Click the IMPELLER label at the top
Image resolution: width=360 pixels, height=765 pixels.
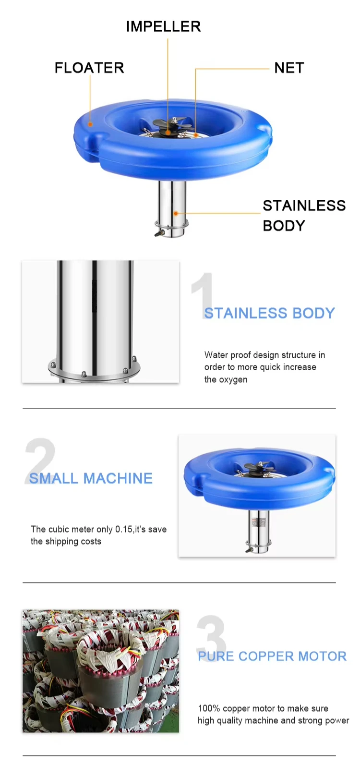[x=164, y=26]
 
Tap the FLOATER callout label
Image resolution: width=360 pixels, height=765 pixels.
[x=89, y=68]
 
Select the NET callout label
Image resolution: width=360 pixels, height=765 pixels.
[x=289, y=68]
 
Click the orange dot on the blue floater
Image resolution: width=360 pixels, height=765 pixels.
[x=90, y=124]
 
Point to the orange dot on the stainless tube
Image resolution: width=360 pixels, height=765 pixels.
[x=176, y=213]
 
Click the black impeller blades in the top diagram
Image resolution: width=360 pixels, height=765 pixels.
[x=169, y=122]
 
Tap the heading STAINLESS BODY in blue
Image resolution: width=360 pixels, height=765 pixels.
[x=270, y=313]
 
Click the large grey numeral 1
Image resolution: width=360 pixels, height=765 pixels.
[x=204, y=295]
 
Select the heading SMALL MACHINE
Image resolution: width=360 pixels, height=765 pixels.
[x=91, y=478]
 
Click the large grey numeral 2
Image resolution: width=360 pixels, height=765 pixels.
[x=40, y=461]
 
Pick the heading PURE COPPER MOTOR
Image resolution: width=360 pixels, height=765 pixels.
[x=272, y=656]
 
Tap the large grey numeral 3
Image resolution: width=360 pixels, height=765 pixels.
[x=211, y=638]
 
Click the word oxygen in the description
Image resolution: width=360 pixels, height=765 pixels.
[x=226, y=380]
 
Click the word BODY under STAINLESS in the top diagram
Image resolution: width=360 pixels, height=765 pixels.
[x=284, y=225]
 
